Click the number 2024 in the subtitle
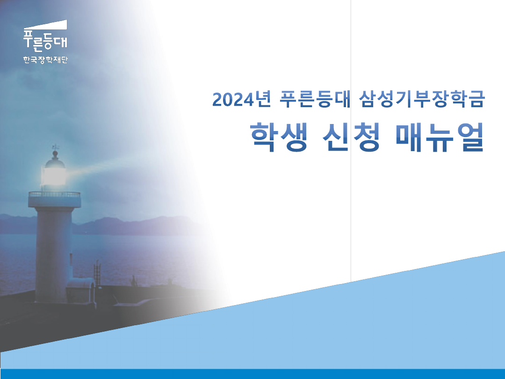(x=231, y=99)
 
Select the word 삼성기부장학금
(x=420, y=99)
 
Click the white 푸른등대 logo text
(x=45, y=40)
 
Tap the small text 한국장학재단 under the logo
(x=45, y=60)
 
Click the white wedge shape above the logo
(x=51, y=25)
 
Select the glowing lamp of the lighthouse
(x=55, y=175)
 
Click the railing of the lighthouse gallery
(x=54, y=194)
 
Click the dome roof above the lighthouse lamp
(x=55, y=161)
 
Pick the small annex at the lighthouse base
(x=80, y=290)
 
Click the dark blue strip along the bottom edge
(x=252, y=374)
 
